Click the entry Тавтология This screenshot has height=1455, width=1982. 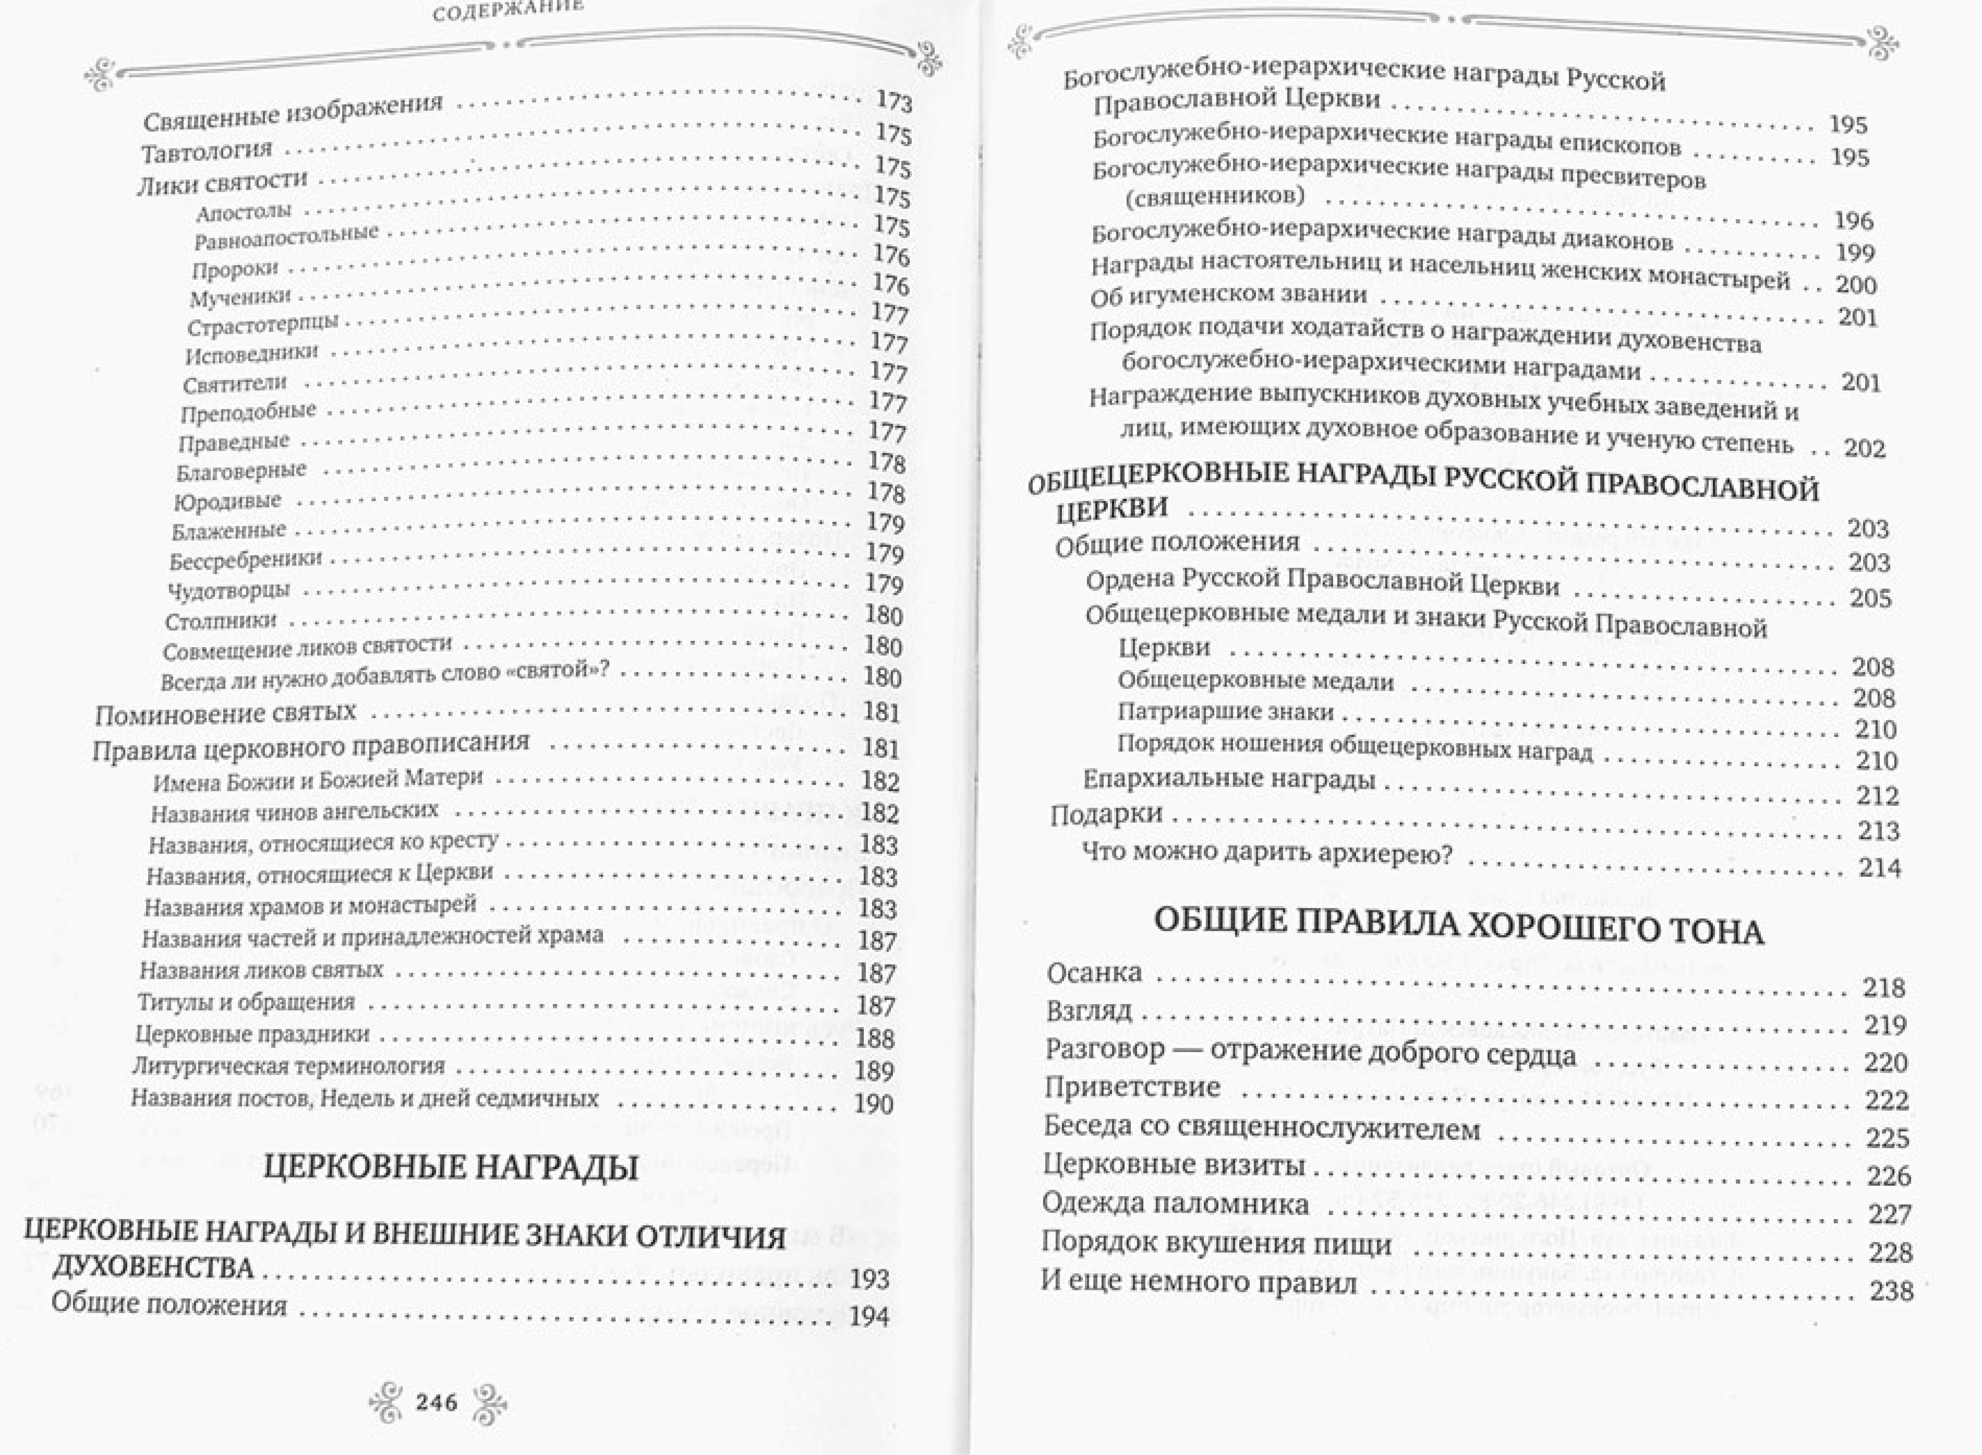click(207, 151)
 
